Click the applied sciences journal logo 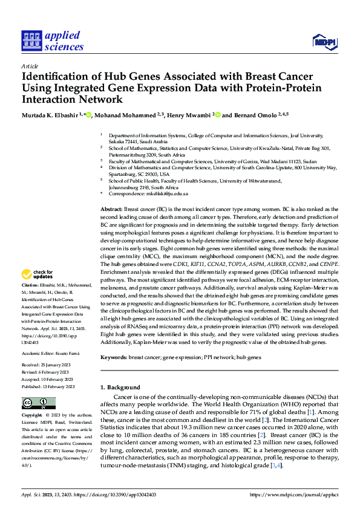[x=52, y=41]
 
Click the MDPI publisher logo [x=324, y=42]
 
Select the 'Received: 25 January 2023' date [x=47, y=366]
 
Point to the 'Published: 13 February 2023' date [x=48, y=386]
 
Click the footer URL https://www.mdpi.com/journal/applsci [x=294, y=494]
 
